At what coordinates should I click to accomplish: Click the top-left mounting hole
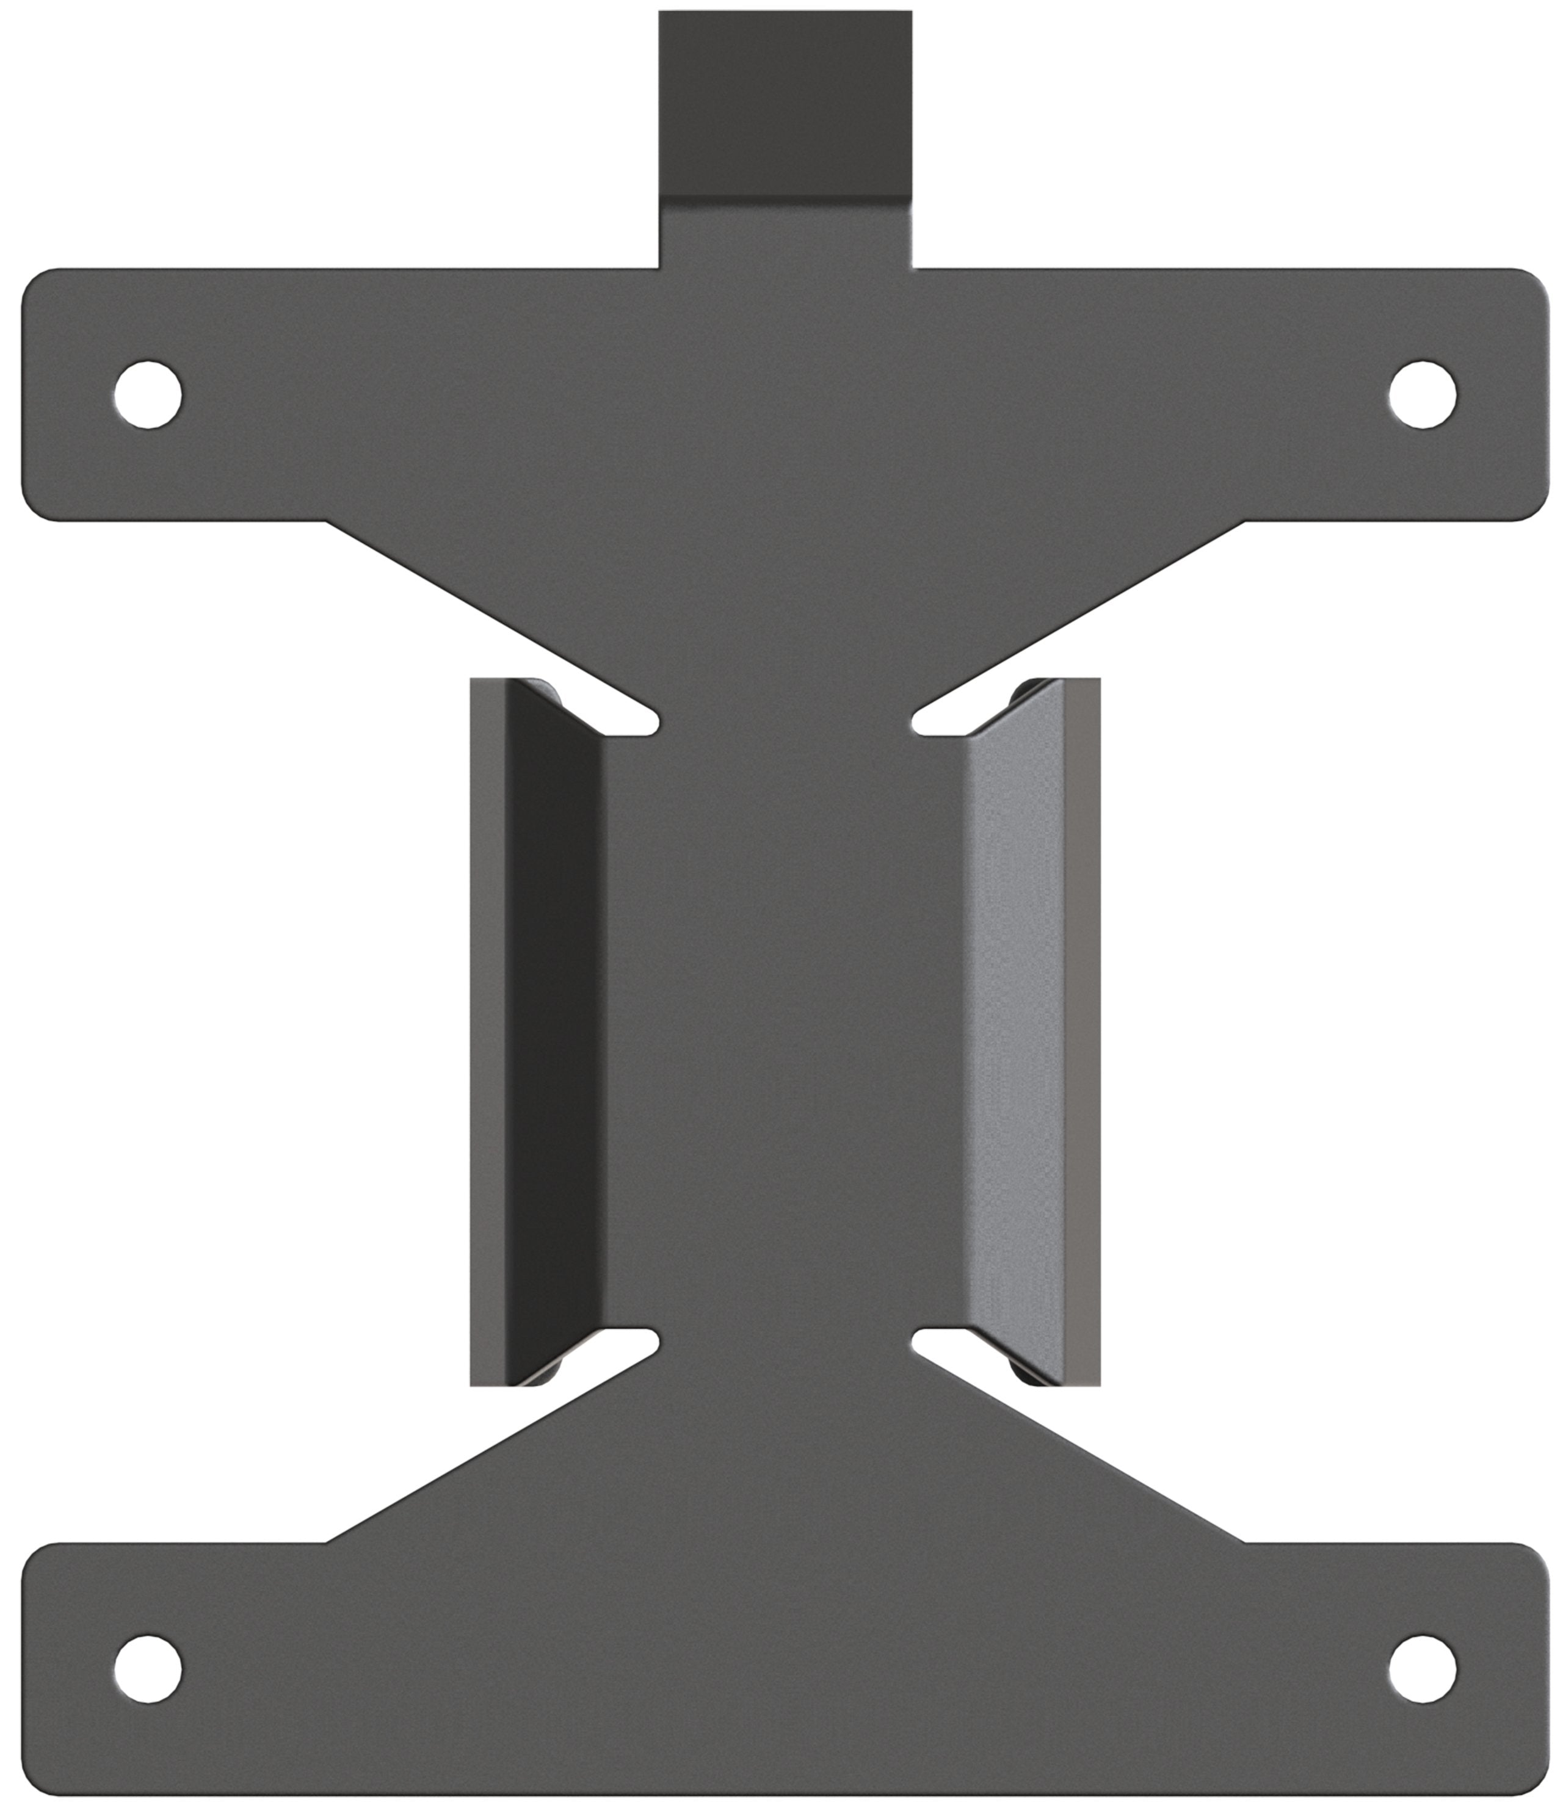(x=148, y=394)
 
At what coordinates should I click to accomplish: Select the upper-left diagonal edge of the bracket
(x=488, y=615)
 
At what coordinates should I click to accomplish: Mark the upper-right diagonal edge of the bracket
(x=1082, y=615)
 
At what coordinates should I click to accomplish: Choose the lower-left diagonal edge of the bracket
(x=488, y=1448)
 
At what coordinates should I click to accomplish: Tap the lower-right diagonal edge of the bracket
(x=1082, y=1448)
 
